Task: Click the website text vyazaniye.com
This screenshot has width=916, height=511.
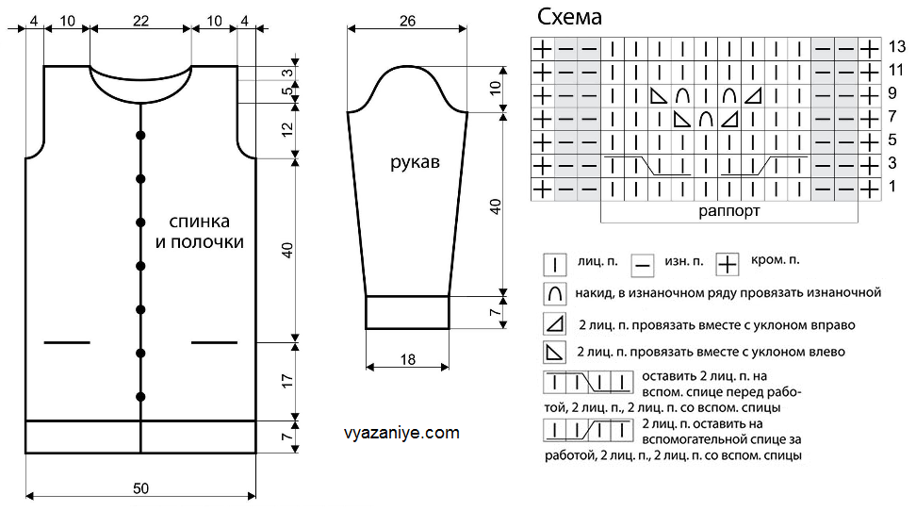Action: (x=402, y=434)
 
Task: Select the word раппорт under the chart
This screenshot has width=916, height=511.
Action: (x=729, y=211)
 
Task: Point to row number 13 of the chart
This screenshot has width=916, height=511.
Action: (x=896, y=47)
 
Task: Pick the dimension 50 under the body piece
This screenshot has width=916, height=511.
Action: (x=140, y=488)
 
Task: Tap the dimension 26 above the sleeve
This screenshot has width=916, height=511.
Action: (x=406, y=21)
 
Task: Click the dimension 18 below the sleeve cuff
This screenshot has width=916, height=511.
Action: (x=406, y=361)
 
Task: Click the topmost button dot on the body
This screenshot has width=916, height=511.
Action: (x=141, y=135)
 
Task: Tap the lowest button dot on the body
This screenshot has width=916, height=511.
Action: (x=141, y=395)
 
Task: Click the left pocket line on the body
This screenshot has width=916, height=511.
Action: (x=67, y=341)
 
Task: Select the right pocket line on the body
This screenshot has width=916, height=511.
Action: (x=214, y=341)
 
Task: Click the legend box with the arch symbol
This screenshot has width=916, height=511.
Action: (x=554, y=293)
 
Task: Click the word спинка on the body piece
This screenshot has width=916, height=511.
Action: (x=200, y=223)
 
